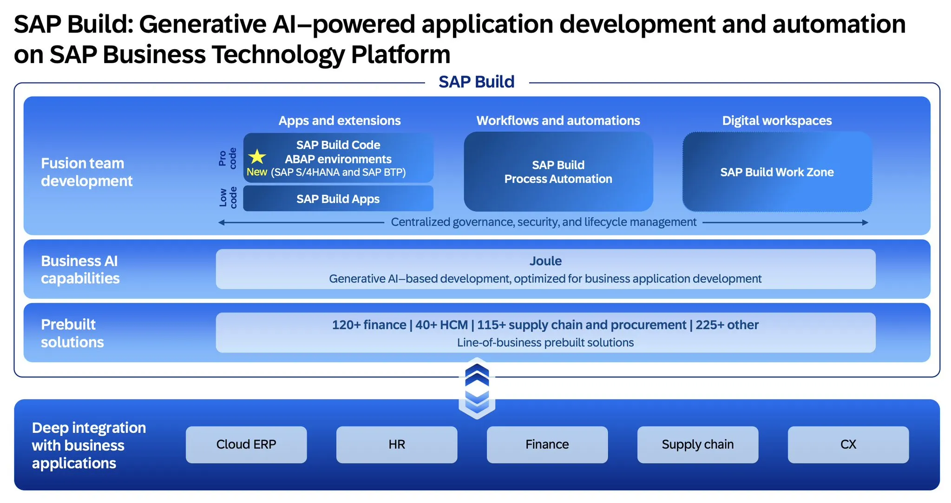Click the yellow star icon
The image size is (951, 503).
(257, 157)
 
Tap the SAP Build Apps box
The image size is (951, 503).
(338, 199)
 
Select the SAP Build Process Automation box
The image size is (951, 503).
(558, 172)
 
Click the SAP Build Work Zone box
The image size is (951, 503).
(777, 172)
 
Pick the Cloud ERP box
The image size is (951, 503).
(246, 444)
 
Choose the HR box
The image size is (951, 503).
(397, 444)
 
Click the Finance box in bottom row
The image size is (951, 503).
(547, 444)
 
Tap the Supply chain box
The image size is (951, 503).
(698, 444)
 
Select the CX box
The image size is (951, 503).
(848, 444)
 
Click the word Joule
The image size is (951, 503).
(545, 261)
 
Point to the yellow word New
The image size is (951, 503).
(257, 172)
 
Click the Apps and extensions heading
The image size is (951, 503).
(340, 121)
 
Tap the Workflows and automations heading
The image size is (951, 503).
(558, 121)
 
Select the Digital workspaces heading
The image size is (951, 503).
(777, 121)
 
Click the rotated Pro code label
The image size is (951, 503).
(228, 158)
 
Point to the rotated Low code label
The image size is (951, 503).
(228, 198)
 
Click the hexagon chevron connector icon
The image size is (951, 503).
(477, 388)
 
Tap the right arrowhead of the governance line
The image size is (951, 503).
(865, 222)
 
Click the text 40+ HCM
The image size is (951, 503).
(441, 325)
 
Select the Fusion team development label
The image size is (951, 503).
(87, 172)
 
